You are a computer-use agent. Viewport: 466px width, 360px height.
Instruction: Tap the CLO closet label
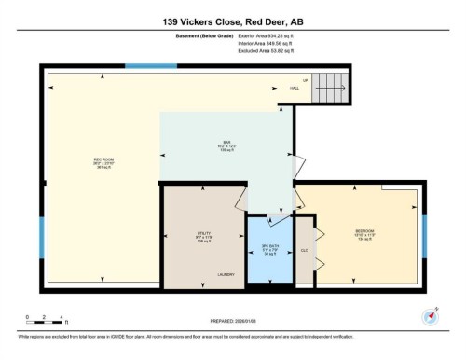pyautogui.click(x=306, y=250)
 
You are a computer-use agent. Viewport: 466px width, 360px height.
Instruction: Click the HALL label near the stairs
pyautogui.click(x=294, y=88)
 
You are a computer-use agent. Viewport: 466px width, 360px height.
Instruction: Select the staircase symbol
pyautogui.click(x=327, y=90)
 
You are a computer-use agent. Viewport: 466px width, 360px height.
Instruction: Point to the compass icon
pyautogui.click(x=429, y=315)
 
